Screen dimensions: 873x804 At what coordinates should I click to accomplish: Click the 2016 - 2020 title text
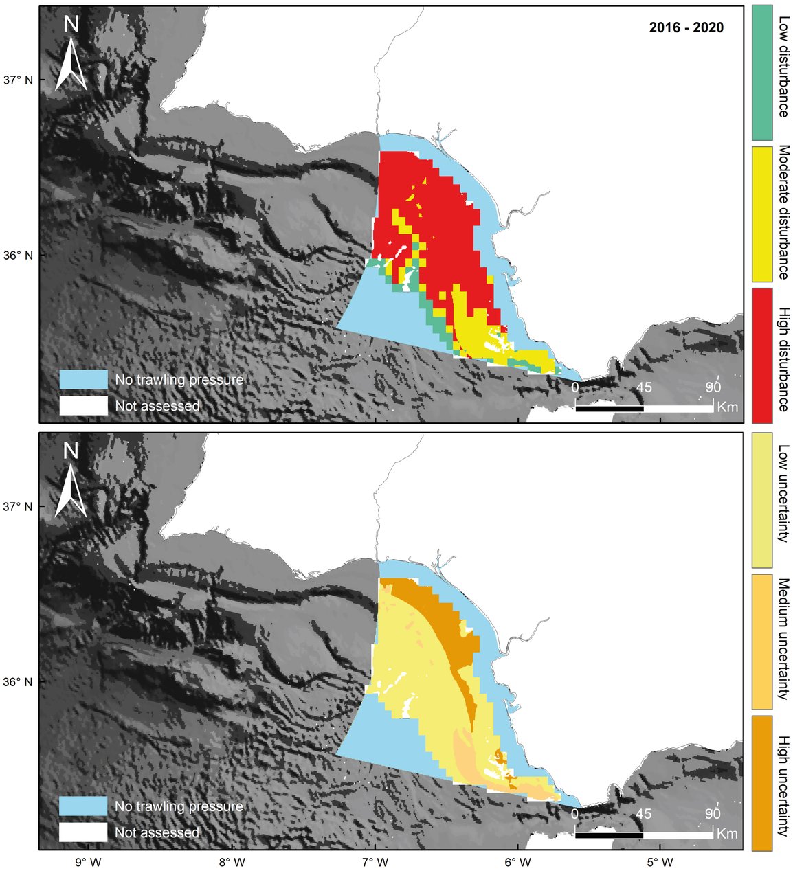686,28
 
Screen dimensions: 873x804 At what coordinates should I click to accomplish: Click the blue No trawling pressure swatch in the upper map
83,379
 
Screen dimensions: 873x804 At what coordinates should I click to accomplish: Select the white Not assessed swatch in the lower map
83,832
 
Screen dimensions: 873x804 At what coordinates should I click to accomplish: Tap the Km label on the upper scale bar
727,407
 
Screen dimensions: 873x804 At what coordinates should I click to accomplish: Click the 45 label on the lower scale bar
643,814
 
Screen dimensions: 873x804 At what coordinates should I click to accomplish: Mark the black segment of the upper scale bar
609,409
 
